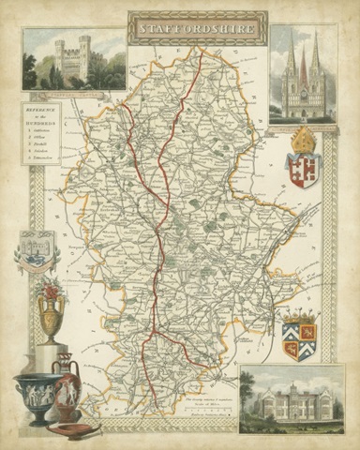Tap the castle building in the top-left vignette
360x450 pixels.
(x=73, y=58)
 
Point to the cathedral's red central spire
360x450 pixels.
(x=303, y=70)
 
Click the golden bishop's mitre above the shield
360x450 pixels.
(x=303, y=141)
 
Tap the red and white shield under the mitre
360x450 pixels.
(x=303, y=170)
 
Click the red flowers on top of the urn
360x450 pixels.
(x=50, y=285)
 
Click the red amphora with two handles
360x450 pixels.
(x=67, y=384)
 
